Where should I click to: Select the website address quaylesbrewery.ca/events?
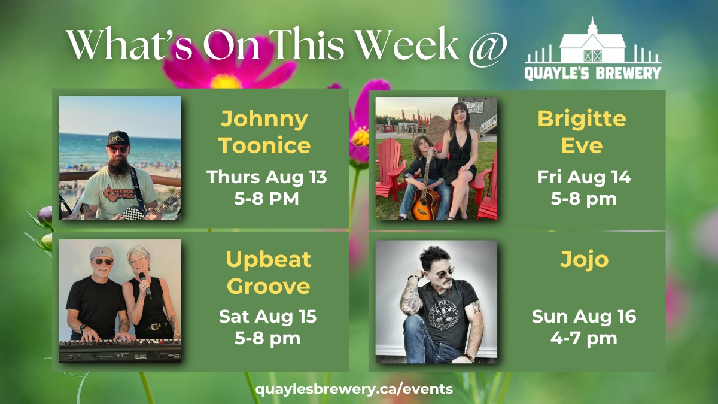tap(354, 390)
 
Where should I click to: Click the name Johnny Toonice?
tap(264, 132)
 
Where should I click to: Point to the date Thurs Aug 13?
tap(267, 177)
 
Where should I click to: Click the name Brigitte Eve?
tap(582, 132)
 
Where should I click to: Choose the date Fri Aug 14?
tap(584, 177)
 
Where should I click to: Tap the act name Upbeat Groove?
tap(268, 272)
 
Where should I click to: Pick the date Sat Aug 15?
tap(267, 317)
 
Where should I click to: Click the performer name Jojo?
tap(584, 260)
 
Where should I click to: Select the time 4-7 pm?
tap(584, 339)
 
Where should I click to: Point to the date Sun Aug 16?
tap(584, 317)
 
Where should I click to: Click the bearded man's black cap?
tap(118, 138)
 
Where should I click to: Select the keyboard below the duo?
tap(120, 351)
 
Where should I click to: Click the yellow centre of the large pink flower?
tap(226, 81)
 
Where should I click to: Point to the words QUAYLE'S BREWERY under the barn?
tap(593, 73)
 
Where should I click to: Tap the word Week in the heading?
tap(407, 44)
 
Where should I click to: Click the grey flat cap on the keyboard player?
tap(101, 253)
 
